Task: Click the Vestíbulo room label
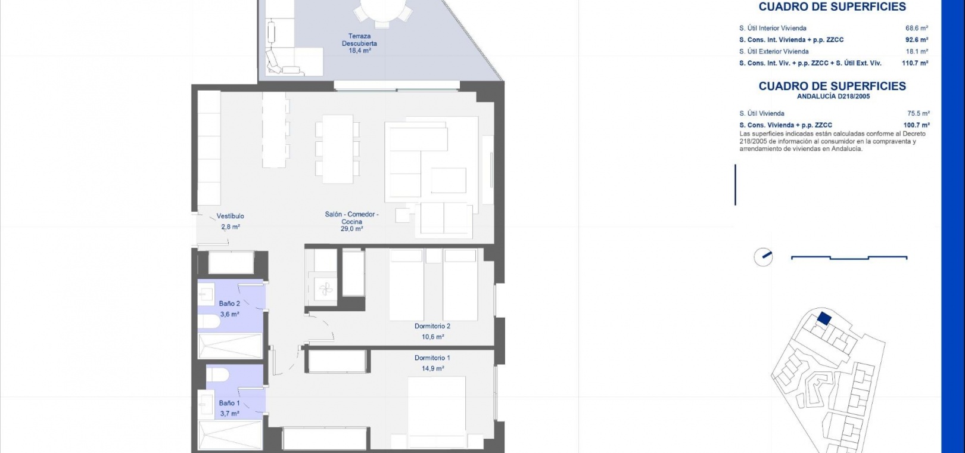(230, 216)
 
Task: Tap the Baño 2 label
(229, 303)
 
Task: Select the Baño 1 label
(229, 403)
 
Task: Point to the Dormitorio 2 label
(432, 326)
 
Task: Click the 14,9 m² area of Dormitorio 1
(432, 368)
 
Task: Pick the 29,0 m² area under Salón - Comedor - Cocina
(351, 229)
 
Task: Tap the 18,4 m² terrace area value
(360, 51)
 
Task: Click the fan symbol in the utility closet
(325, 288)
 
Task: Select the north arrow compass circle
(763, 257)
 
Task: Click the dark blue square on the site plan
(824, 318)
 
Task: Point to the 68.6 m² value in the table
(917, 28)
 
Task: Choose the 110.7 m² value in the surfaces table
(915, 63)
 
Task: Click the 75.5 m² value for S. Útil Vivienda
(919, 113)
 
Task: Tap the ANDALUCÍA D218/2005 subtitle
(833, 97)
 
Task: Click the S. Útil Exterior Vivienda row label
(774, 51)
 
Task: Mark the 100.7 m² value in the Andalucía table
(917, 125)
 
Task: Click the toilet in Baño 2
(208, 321)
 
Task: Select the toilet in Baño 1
(217, 374)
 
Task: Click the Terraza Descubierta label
(359, 40)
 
